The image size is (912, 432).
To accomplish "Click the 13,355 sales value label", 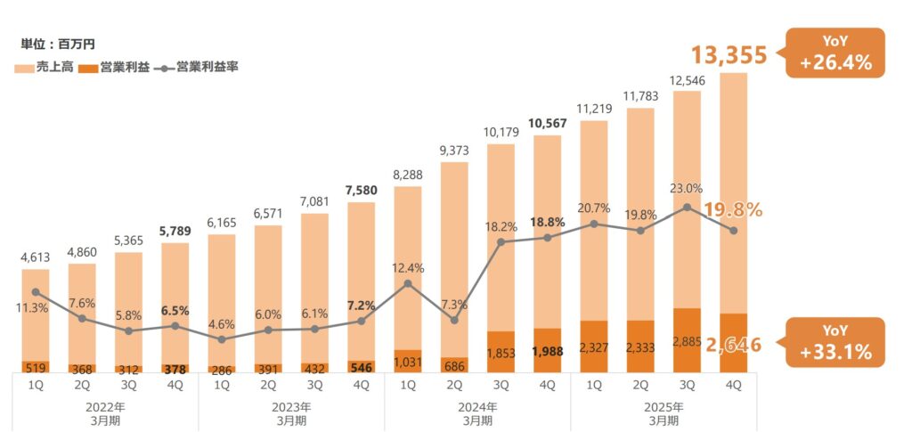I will pyautogui.click(x=729, y=55).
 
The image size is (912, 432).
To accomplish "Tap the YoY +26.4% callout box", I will pyautogui.click(x=835, y=53).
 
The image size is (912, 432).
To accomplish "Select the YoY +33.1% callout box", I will pyautogui.click(x=835, y=342).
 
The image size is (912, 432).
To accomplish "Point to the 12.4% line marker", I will pyautogui.click(x=407, y=284).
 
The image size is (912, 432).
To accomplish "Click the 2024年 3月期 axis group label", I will pyautogui.click(x=476, y=412).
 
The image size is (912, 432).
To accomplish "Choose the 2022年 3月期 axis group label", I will pyautogui.click(x=105, y=412).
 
